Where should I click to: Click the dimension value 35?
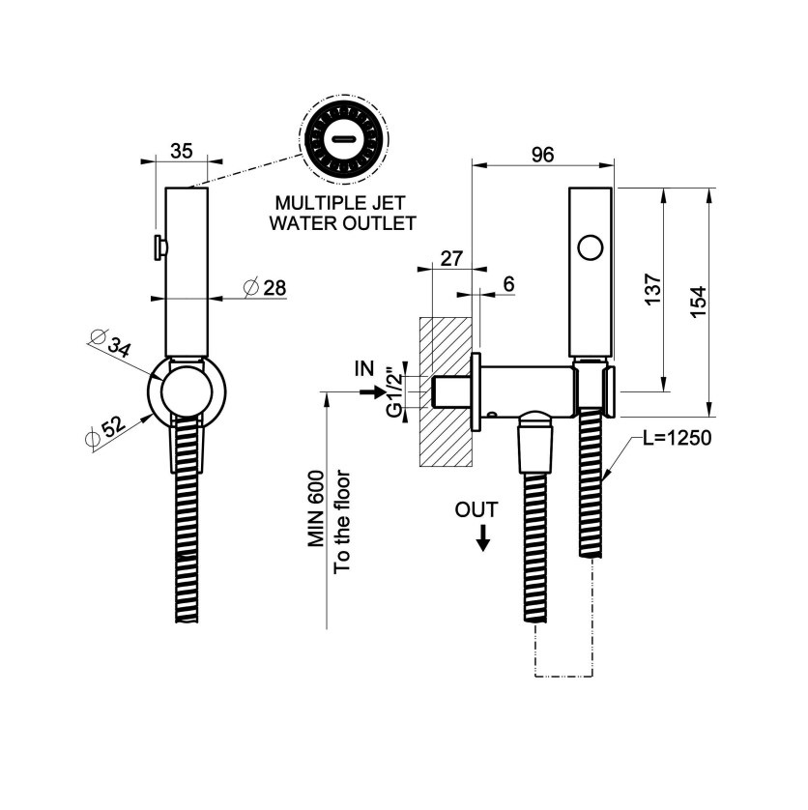[x=182, y=152]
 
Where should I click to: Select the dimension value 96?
[x=543, y=155]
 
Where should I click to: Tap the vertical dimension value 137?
[x=653, y=289]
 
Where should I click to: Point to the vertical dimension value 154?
[x=699, y=303]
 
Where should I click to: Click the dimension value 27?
[x=451, y=258]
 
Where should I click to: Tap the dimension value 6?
[x=509, y=283]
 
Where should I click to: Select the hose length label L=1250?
[x=677, y=438]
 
